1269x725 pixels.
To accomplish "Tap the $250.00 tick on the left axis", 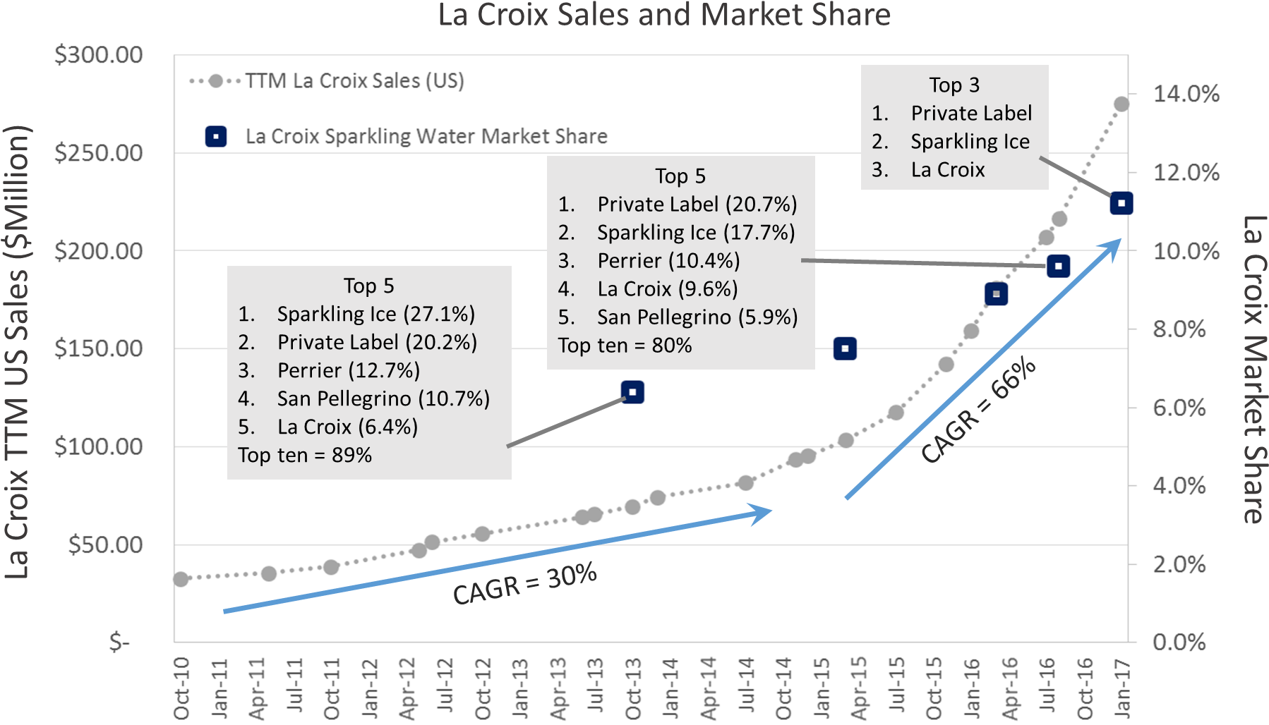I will pos(99,152).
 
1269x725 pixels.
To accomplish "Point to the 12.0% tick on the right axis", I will pos(1186,172).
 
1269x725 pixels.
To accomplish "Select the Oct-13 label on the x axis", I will pos(633,688).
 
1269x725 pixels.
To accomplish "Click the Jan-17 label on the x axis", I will pos(1122,688).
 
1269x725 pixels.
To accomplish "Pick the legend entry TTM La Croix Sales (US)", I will pos(354,80).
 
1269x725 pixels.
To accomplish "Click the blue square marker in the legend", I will pos(216,136).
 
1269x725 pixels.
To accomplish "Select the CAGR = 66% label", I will pos(978,410).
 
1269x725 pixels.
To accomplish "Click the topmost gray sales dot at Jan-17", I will pos(1121,104).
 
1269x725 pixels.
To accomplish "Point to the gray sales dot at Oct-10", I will pos(181,579).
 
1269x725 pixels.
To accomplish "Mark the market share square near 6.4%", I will pos(632,392).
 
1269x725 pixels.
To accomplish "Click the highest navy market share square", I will pos(1121,203).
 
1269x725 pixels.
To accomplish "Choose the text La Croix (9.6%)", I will pos(667,288).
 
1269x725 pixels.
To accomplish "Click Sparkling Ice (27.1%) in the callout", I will pos(375,314).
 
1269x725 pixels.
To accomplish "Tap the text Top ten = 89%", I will pos(305,455).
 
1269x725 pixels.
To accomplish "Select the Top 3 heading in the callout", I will pos(954,85).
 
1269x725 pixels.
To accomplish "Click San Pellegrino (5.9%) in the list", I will pos(697,317).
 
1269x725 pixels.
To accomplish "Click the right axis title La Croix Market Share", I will pos(1253,370).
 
